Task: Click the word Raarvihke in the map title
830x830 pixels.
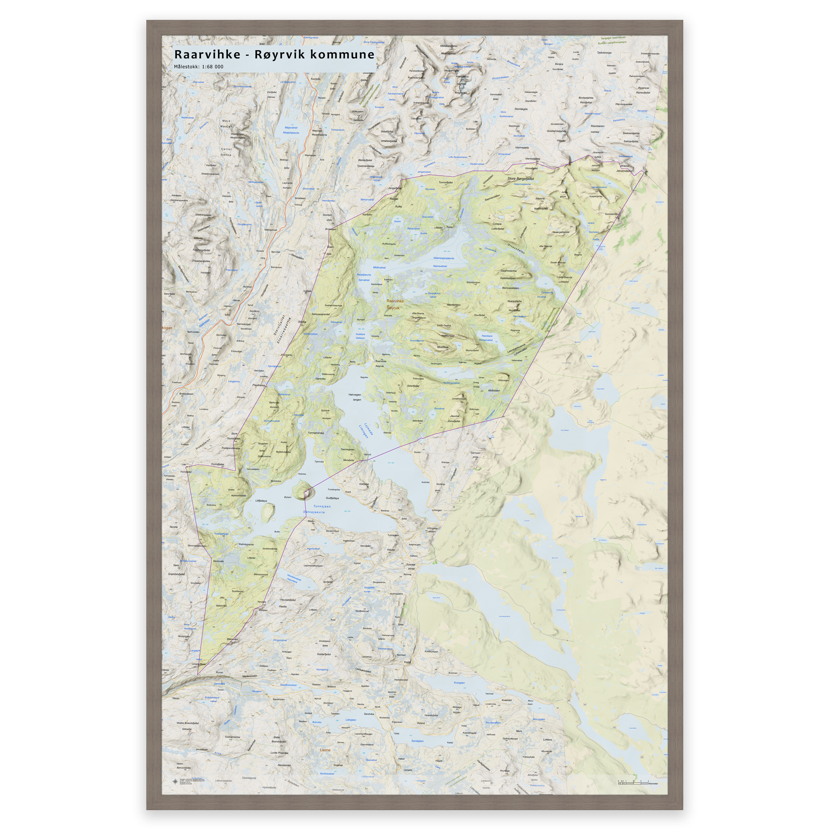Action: coord(207,55)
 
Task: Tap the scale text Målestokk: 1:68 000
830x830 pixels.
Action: coord(199,67)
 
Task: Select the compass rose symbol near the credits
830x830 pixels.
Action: coord(175,781)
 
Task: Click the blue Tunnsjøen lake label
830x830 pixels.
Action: coord(322,507)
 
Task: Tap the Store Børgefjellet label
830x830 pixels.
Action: coord(520,178)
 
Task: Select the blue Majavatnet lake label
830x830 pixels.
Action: coord(291,128)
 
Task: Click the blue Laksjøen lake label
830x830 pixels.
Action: coord(351,720)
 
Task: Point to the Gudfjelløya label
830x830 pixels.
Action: coord(332,498)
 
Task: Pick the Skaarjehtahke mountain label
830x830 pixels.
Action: coord(560,232)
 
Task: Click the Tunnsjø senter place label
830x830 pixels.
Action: coord(411,566)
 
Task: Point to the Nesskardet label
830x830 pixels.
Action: coord(284,765)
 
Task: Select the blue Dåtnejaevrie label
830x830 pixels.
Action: coord(314,512)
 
